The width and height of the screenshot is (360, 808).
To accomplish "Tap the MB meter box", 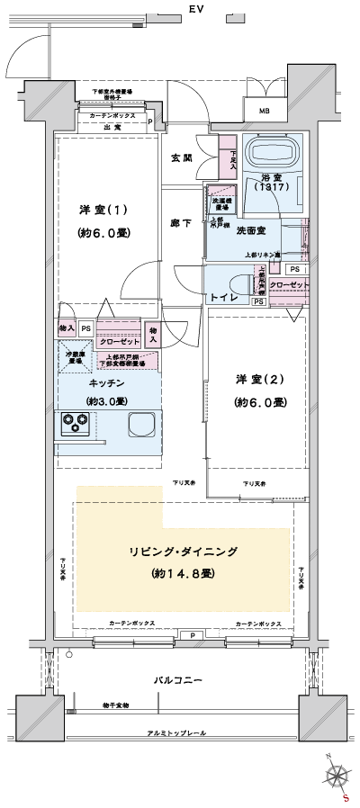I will (x=265, y=111).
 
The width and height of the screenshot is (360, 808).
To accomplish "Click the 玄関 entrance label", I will (x=182, y=158).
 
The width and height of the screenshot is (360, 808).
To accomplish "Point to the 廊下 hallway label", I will (x=182, y=222).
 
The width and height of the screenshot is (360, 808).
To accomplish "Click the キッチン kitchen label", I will (x=106, y=383).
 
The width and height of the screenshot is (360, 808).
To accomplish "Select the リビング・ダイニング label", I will (x=182, y=552).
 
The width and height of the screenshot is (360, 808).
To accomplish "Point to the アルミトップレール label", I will (x=176, y=734).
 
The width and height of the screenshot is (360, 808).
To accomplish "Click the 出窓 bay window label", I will (x=112, y=127).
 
